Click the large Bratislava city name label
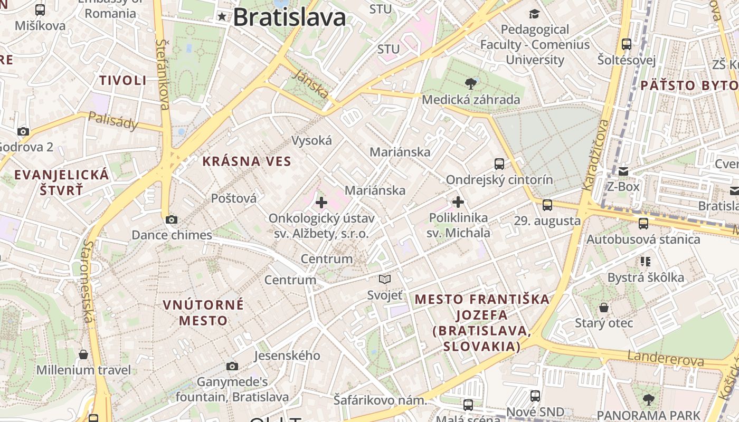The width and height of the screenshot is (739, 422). click(x=289, y=17)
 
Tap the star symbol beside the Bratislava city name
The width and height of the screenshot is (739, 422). click(x=222, y=17)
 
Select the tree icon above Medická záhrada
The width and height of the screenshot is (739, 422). click(x=471, y=83)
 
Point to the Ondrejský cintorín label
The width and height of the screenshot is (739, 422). click(x=499, y=180)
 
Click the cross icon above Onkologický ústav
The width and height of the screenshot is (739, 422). click(x=321, y=202)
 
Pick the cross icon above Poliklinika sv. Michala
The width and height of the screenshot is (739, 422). click(x=458, y=202)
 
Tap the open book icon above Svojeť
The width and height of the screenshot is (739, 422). click(x=385, y=279)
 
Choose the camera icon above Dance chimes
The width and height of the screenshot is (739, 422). click(x=172, y=219)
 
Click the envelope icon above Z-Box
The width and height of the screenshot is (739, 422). click(x=623, y=171)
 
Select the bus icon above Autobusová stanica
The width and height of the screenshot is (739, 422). click(x=643, y=223)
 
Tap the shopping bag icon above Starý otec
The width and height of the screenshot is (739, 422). click(x=604, y=308)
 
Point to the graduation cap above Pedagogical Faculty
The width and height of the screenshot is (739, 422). click(x=535, y=14)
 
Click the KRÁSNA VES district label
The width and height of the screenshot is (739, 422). click(x=247, y=161)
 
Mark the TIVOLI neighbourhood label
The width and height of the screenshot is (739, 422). click(x=123, y=81)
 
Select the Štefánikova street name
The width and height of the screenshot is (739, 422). click(x=163, y=74)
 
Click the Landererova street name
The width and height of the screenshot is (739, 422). click(x=666, y=359)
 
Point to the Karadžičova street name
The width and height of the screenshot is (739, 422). click(x=595, y=154)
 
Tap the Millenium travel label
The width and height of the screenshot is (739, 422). click(x=83, y=370)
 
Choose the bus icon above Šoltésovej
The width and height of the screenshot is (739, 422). click(x=627, y=44)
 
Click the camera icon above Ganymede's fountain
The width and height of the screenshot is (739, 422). click(x=232, y=366)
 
